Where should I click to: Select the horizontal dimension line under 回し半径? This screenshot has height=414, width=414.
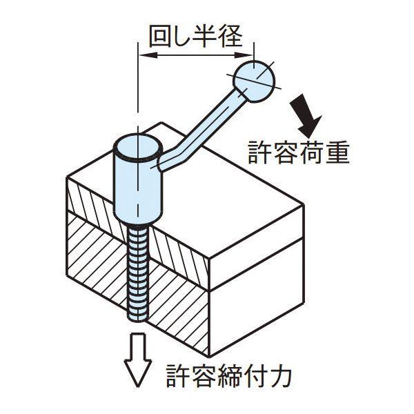[196, 54]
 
